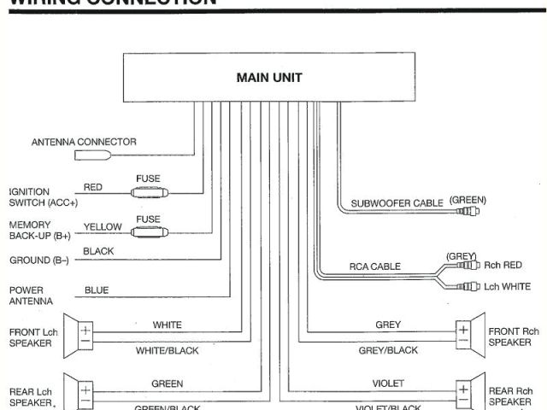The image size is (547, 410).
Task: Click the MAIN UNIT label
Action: point(268,78)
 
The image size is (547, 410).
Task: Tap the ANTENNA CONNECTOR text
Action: point(84,142)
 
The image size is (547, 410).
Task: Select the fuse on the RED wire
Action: point(149,194)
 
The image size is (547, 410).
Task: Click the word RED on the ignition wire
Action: point(93,186)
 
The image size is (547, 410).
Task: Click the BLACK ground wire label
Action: point(98,252)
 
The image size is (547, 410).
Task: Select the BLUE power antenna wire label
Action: point(97,290)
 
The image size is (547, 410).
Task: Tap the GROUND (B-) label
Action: point(39,260)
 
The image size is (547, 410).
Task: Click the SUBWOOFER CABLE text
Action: point(397,203)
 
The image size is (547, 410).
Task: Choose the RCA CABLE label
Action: point(373,266)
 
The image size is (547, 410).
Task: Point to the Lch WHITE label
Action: point(506,287)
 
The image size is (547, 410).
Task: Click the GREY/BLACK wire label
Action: point(388,350)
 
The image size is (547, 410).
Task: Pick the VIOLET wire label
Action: point(388,384)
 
